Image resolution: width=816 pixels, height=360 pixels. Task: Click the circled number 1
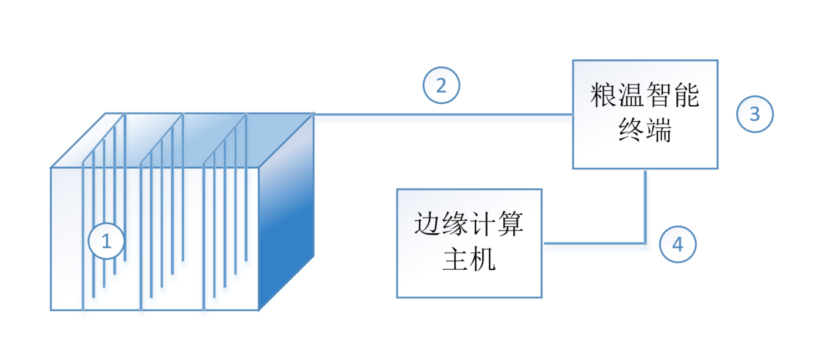(106, 241)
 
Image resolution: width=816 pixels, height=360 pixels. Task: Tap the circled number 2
(441, 86)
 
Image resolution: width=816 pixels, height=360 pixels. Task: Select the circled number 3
(755, 114)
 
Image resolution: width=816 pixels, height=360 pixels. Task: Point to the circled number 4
(678, 244)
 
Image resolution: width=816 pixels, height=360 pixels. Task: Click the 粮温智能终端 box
(645, 114)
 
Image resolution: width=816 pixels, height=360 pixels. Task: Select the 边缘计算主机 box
(469, 243)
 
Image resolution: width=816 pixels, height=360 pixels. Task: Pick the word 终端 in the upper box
(645, 131)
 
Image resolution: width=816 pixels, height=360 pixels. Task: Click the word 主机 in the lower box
(469, 260)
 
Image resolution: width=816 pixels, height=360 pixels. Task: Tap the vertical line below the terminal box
(645, 205)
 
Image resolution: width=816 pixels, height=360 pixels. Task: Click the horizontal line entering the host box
(592, 243)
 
